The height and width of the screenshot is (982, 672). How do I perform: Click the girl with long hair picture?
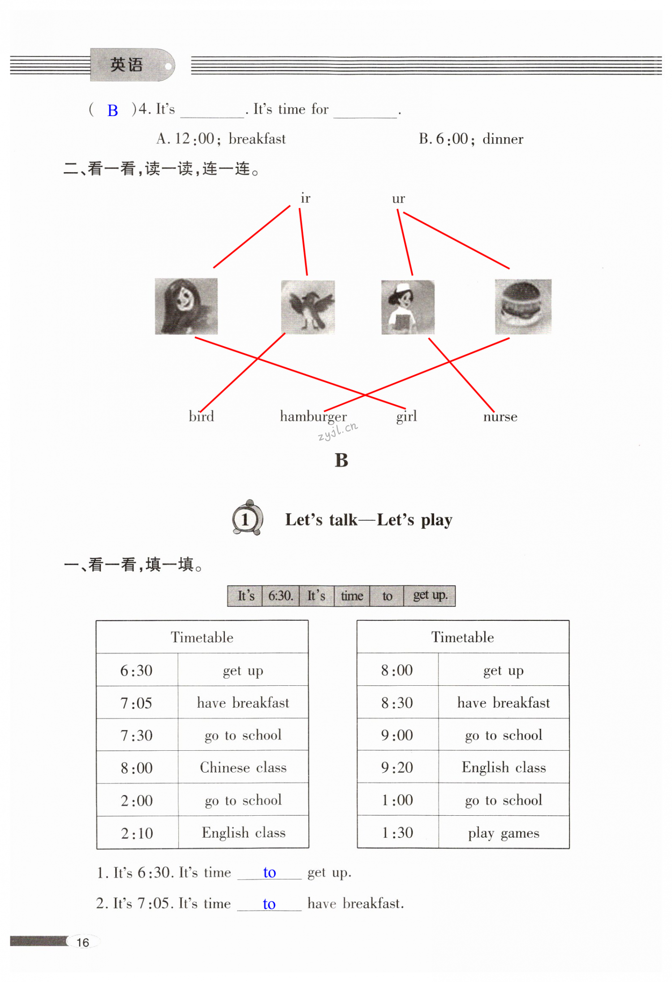pos(186,306)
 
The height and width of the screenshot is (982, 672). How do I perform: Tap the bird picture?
pos(308,307)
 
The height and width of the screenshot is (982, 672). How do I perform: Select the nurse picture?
pos(407,307)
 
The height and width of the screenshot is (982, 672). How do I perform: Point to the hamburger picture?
pos(523,307)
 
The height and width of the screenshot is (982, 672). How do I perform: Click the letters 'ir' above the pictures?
pos(305,198)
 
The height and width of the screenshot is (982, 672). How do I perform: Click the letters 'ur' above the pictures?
pos(398,199)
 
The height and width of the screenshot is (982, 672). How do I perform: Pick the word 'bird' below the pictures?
pos(201,416)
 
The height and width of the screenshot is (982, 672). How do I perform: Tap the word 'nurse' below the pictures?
pos(500,417)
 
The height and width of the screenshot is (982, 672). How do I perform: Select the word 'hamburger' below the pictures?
pos(313,417)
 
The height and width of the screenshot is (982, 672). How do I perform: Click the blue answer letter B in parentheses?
pos(112,110)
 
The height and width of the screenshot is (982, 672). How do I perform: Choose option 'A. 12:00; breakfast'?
pos(221,139)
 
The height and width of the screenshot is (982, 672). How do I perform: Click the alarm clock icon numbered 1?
pos(247,519)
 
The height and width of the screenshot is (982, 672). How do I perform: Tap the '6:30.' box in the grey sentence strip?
pos(280,596)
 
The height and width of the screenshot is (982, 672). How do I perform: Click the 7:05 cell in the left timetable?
pos(137,703)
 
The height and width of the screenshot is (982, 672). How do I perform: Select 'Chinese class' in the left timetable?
pos(243,768)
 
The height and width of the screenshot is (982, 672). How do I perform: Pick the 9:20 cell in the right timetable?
pos(397,768)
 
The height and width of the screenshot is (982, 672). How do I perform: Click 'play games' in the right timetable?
pos(504,833)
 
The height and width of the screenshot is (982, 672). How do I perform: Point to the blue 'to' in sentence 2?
pos(269,904)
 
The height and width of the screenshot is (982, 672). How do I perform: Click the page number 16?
pos(83,942)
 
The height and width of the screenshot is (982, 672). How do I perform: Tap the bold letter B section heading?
pos(341,460)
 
